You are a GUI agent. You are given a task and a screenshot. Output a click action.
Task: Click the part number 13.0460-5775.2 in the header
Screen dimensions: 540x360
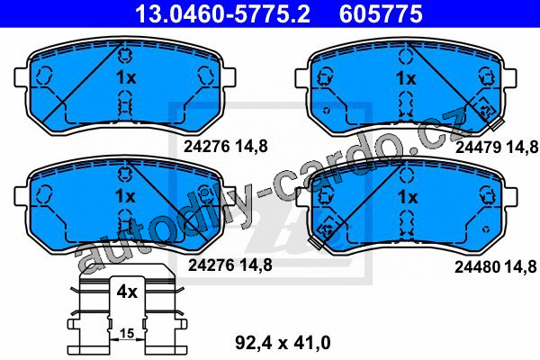point(223,13)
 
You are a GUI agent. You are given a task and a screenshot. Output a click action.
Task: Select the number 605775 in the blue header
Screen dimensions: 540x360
point(381,13)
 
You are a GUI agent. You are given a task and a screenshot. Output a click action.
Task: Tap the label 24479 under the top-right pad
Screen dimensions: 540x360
point(478,148)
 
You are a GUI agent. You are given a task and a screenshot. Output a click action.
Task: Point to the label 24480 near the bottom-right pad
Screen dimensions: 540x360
point(477,266)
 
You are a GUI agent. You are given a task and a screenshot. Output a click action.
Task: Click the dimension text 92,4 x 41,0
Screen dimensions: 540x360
point(283,343)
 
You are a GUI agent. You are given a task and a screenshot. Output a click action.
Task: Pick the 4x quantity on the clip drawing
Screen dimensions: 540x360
point(127,292)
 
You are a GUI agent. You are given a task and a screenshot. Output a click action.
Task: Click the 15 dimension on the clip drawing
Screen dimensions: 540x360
point(127,334)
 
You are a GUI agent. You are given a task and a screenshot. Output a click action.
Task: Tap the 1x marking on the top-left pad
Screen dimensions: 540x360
point(126,78)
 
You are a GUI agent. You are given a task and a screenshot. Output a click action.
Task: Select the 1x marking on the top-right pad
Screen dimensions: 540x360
point(407,78)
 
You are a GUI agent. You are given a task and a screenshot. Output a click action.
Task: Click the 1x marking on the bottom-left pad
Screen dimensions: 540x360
point(125,197)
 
